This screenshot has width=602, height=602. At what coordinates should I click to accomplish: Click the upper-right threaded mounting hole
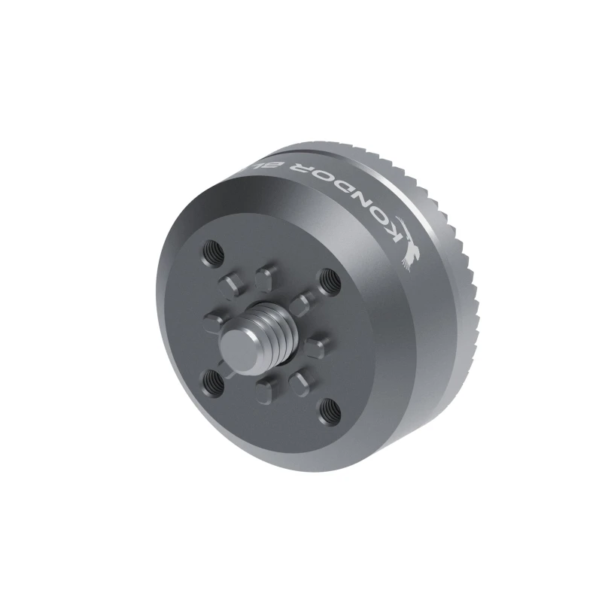(x=328, y=279)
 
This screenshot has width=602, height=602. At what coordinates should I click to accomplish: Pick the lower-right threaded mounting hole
(x=328, y=411)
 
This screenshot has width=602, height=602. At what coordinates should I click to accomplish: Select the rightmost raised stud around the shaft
(x=318, y=346)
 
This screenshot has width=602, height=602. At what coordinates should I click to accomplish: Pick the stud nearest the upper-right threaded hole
(x=302, y=303)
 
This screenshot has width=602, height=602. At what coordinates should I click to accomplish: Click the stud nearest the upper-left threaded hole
(x=230, y=284)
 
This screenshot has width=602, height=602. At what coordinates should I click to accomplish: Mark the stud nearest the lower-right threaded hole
(x=303, y=380)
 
